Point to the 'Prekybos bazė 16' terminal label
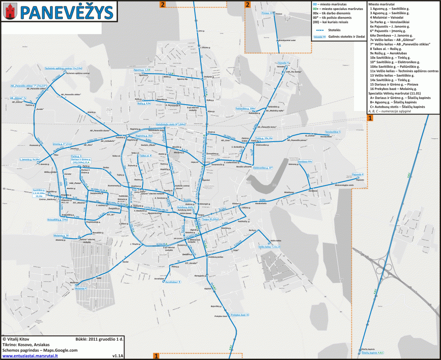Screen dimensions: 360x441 click(x=240, y=315)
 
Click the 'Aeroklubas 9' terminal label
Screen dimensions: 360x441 click(x=173, y=282)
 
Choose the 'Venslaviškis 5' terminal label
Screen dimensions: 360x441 click(x=333, y=132)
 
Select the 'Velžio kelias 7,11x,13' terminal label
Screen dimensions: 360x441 click(x=269, y=247)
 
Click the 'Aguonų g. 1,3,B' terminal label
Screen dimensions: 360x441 click(x=142, y=70)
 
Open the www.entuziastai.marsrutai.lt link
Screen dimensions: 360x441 click(x=30, y=356)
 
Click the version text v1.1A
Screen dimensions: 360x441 click(x=118, y=356)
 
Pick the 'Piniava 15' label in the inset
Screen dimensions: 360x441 click(x=267, y=13)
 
